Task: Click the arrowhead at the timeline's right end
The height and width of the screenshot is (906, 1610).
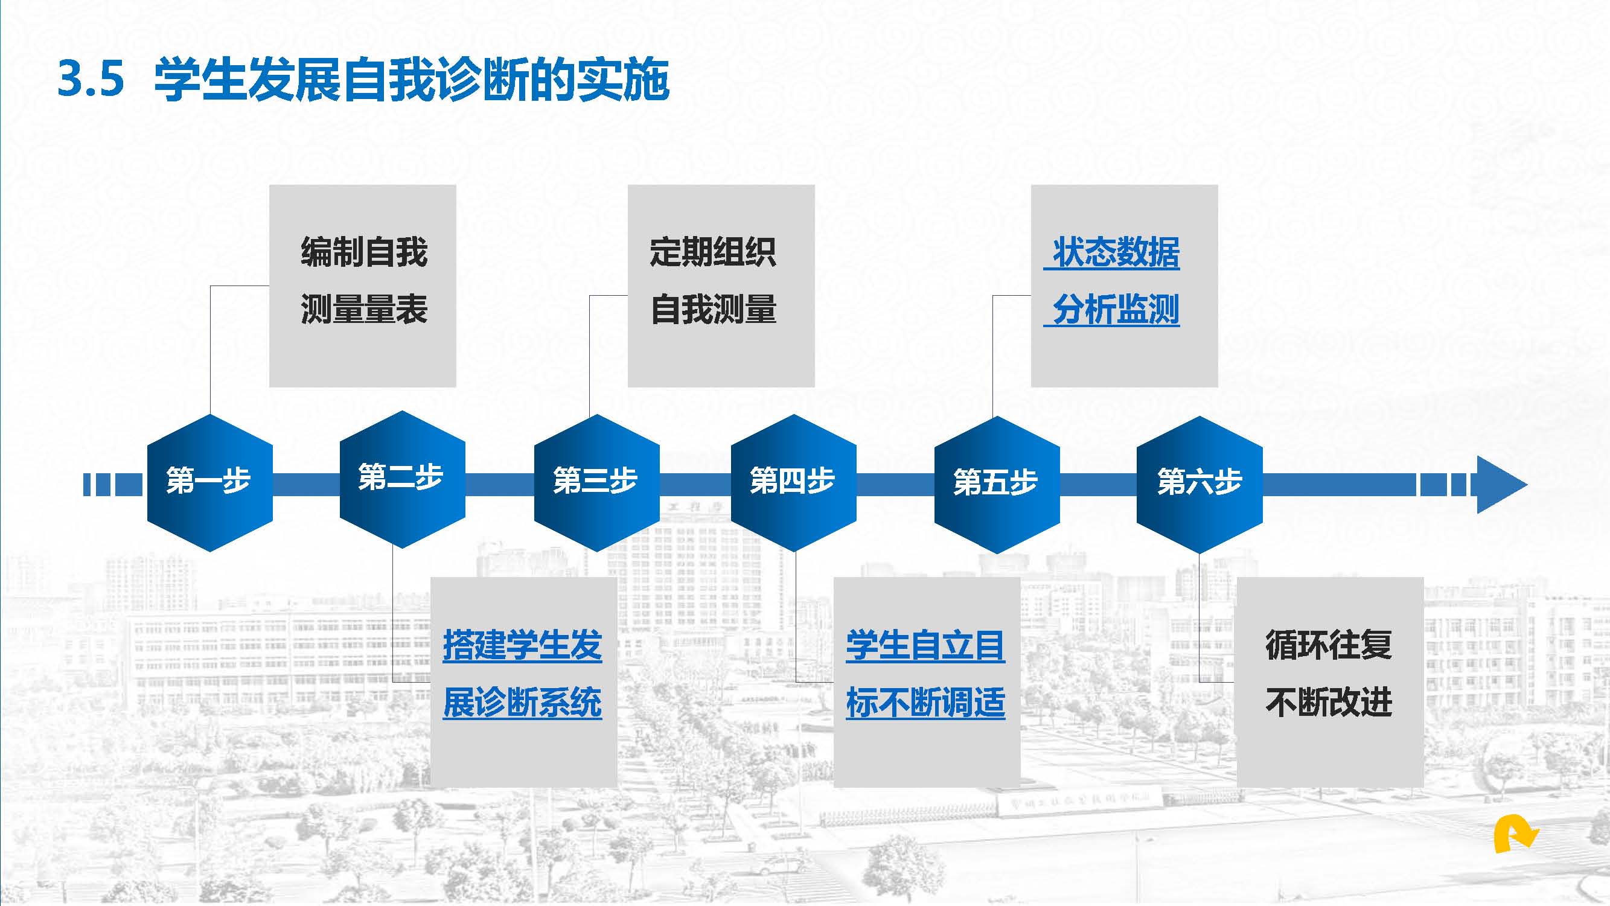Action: [1500, 484]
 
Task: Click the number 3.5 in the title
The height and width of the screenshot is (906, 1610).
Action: [91, 79]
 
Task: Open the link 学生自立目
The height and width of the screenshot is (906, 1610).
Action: [925, 645]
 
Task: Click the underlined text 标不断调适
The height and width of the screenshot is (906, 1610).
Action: [925, 703]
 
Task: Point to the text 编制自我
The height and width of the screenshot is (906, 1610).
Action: [364, 252]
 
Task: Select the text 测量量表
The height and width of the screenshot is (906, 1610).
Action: [364, 310]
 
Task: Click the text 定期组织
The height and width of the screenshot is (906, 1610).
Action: [713, 252]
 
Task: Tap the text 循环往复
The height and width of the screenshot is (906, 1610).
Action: [1329, 645]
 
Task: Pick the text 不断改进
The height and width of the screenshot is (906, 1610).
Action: [1329, 703]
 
